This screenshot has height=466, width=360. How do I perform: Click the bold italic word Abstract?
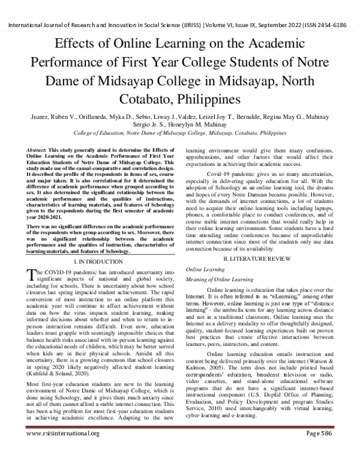[x=38, y=148]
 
